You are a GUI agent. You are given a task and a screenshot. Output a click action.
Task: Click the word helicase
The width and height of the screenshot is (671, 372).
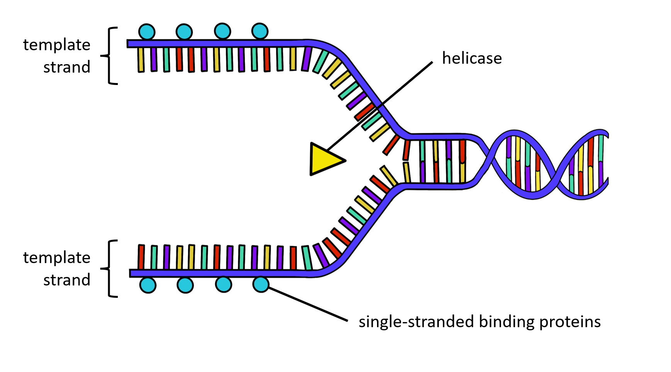(472, 58)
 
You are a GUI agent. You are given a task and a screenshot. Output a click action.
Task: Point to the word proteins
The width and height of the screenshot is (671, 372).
(570, 322)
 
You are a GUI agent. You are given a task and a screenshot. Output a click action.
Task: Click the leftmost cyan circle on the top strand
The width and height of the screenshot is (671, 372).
(147, 32)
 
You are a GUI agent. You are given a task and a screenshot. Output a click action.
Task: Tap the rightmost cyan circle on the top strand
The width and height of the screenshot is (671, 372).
(260, 31)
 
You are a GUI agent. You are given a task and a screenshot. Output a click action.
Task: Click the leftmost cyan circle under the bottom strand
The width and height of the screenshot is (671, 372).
(148, 285)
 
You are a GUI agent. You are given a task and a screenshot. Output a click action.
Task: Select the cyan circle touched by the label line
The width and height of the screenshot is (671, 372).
(261, 284)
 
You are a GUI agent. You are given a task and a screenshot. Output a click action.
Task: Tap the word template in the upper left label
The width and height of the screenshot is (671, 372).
(56, 45)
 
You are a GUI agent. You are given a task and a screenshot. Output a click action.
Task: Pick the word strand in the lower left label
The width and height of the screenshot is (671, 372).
(66, 280)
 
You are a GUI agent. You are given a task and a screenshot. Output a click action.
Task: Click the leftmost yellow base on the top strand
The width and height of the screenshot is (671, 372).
(141, 59)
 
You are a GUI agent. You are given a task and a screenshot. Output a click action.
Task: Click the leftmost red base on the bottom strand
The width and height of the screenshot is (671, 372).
(141, 257)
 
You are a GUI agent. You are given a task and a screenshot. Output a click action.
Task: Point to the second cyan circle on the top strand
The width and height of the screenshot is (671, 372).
(184, 32)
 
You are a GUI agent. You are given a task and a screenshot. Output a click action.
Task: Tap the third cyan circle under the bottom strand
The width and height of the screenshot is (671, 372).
(223, 285)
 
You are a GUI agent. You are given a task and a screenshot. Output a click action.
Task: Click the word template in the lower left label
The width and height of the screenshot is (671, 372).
(56, 258)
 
